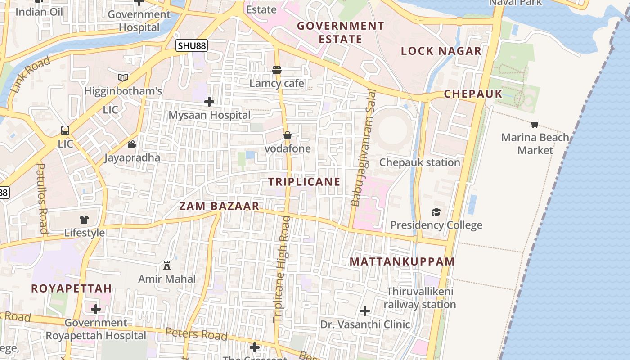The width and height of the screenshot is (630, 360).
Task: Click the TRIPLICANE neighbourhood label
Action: pos(304,182)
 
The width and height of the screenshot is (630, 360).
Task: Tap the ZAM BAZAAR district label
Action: pos(219,207)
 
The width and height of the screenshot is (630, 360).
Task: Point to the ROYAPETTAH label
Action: pos(71,288)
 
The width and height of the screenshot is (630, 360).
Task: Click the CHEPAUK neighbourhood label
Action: pos(473,94)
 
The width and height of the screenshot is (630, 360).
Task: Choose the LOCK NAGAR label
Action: pos(441,51)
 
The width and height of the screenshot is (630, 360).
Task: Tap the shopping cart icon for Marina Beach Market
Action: pos(535,124)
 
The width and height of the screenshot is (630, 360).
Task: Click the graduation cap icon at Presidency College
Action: pos(436,212)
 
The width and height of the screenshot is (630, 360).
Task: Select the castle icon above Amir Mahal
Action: pos(167,265)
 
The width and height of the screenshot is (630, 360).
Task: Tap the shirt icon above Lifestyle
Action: pos(84,220)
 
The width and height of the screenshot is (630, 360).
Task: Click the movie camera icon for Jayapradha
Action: pos(132,144)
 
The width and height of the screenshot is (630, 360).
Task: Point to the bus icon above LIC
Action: pos(65,130)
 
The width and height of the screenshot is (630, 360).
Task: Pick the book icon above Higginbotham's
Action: pos(123,77)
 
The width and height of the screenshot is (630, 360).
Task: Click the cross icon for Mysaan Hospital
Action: pos(209,102)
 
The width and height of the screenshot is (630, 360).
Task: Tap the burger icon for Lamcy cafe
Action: pos(277,70)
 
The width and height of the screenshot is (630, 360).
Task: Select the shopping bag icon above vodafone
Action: pos(288,135)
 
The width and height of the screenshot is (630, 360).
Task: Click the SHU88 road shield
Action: pos(192,45)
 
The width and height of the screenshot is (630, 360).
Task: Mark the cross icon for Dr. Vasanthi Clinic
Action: pos(365,310)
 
